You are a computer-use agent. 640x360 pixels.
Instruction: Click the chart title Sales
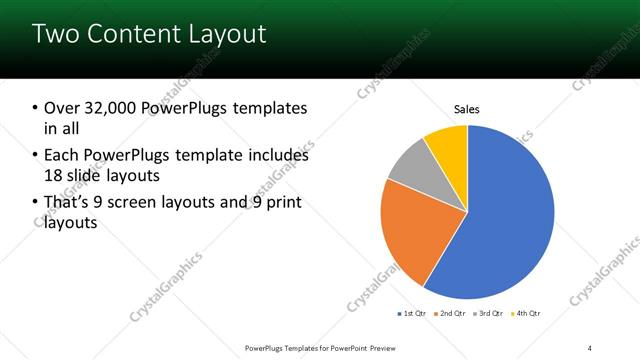[x=467, y=108]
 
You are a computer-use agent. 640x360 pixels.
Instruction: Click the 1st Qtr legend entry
[x=411, y=314]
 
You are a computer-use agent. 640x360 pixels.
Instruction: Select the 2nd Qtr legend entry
[x=450, y=314]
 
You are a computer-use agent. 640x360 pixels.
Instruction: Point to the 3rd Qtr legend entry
[x=488, y=314]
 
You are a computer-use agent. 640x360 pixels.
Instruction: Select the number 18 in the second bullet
[x=55, y=176]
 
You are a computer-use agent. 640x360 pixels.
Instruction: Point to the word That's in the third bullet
[x=68, y=204]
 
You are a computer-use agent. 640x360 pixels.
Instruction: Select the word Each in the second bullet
[x=61, y=156]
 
